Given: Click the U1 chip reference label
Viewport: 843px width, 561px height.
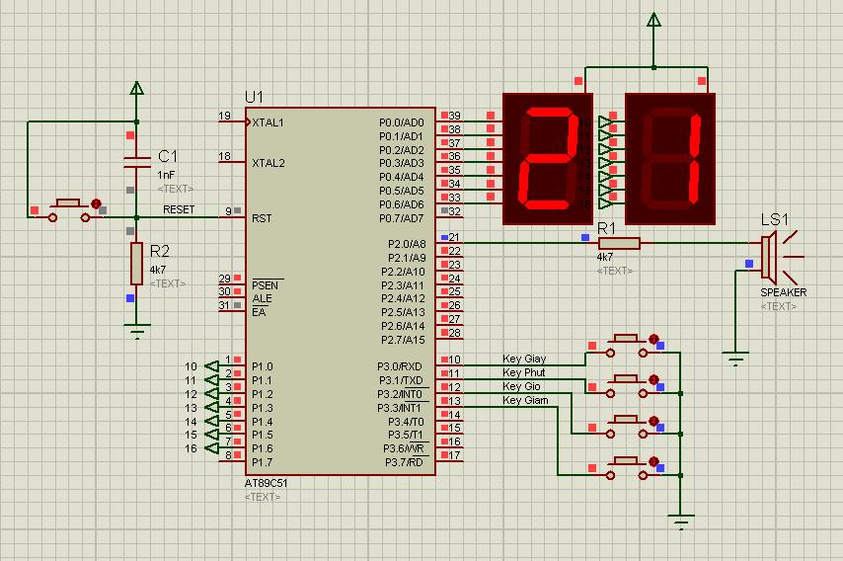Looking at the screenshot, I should coord(254,97).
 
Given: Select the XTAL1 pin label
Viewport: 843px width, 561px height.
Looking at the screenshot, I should coord(268,122).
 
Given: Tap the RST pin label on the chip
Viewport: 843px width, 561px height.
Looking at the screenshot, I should coord(261,218).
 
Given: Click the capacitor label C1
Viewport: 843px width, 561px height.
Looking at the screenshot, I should coord(168,157).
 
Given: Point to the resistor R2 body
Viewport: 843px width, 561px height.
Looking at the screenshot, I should coord(136,263).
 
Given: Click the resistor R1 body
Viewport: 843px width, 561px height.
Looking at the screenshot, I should coord(619,243).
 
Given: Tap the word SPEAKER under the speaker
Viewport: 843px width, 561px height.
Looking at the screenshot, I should coord(783,292).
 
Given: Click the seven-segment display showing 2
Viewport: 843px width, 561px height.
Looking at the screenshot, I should coord(548,158).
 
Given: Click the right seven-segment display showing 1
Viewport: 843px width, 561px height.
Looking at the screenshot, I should coord(670,158).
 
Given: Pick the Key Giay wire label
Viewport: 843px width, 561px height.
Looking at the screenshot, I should coord(524,360).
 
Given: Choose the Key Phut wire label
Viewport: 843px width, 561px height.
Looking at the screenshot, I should coord(524,373).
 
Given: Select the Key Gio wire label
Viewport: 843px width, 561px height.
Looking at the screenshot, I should coord(522,387).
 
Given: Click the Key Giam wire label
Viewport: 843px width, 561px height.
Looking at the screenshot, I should coord(525,401).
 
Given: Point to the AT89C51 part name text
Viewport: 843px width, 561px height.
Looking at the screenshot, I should coord(267,484).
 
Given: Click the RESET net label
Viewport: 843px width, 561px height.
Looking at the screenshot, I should coord(179,209).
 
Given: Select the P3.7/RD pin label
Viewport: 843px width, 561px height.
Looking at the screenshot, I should coord(403,462).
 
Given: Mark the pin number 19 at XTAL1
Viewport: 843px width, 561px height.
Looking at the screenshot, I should coord(224,117).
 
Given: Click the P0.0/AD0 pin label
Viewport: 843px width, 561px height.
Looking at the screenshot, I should coord(402,122).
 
